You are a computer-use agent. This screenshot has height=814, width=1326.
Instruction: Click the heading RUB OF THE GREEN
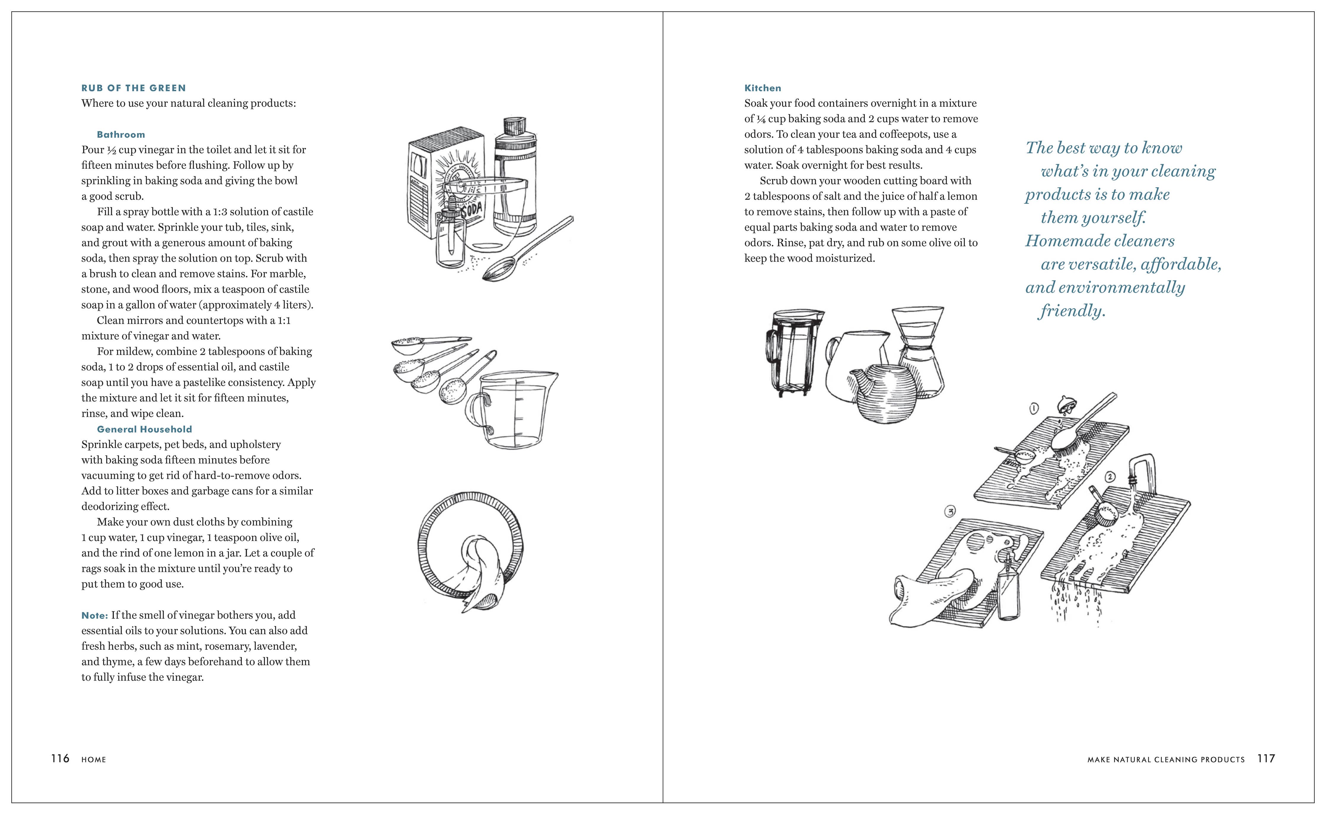coord(133,88)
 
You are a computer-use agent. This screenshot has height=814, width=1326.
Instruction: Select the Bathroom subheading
coord(121,135)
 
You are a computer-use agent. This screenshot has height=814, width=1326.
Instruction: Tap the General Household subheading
coord(144,429)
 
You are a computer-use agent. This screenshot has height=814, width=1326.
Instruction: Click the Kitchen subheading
coord(762,88)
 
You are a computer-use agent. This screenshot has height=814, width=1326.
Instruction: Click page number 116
coord(60,759)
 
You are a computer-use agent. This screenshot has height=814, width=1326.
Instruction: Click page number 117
coord(1266,759)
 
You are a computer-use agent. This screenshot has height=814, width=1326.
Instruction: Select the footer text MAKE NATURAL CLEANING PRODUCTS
coord(1166,760)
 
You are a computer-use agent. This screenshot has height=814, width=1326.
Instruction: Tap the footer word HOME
coord(94,760)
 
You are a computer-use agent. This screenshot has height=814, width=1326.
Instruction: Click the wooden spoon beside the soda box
coord(527,248)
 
